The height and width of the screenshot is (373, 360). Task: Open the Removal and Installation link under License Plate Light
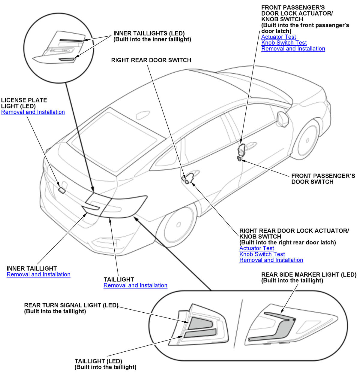pyautogui.click(x=33, y=112)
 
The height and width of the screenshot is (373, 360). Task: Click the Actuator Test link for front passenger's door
pyautogui.click(x=278, y=37)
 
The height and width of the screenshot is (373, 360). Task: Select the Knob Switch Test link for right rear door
pyautogui.click(x=262, y=254)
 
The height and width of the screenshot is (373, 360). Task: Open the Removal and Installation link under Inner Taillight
pyautogui.click(x=38, y=274)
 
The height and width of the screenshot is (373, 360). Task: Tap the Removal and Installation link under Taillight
pyautogui.click(x=135, y=286)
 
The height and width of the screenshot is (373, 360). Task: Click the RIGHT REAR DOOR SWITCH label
pyautogui.click(x=151, y=60)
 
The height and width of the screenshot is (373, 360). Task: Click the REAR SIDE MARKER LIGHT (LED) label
pyautogui.click(x=309, y=274)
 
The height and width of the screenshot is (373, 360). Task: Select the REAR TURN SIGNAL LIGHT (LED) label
pyautogui.click(x=71, y=305)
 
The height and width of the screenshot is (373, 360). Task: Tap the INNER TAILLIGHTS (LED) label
pyautogui.click(x=149, y=33)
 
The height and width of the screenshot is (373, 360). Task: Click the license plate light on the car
pyautogui.click(x=62, y=190)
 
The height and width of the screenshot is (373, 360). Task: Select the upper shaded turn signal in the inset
pyautogui.click(x=200, y=323)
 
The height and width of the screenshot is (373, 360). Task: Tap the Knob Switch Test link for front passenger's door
pyautogui.click(x=284, y=43)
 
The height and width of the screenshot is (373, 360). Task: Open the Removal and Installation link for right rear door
pyautogui.click(x=271, y=260)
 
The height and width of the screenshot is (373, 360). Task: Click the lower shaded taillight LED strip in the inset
pyautogui.click(x=200, y=333)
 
